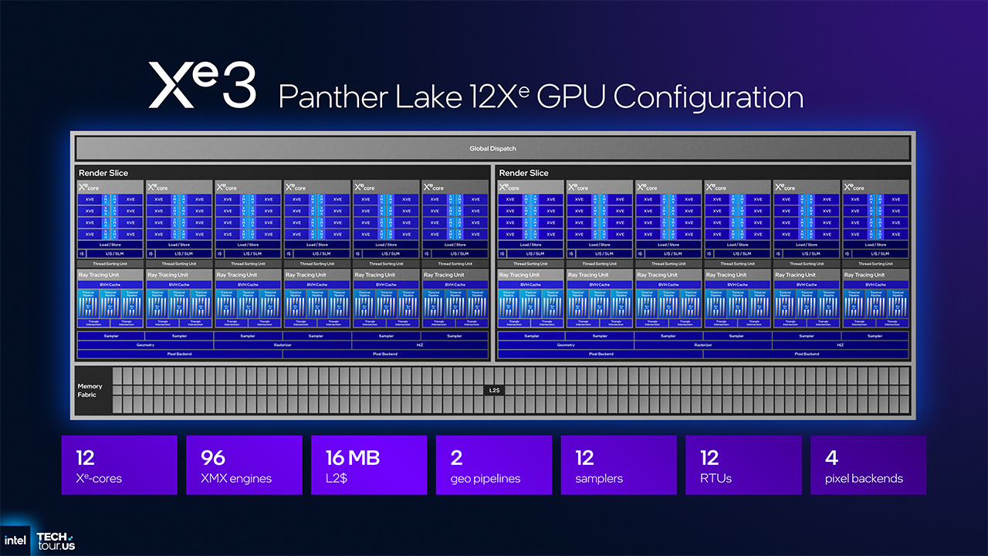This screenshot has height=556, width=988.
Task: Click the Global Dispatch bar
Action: pyautogui.click(x=492, y=148)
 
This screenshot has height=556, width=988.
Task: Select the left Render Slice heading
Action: pyautogui.click(x=103, y=173)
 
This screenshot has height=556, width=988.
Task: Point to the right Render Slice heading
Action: pyautogui.click(x=523, y=173)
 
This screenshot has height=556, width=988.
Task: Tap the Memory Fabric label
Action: pyautogui.click(x=90, y=391)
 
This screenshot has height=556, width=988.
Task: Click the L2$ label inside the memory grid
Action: pyautogui.click(x=494, y=391)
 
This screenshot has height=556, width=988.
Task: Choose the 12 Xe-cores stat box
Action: pyautogui.click(x=119, y=465)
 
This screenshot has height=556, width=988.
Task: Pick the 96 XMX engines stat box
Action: pyautogui.click(x=244, y=465)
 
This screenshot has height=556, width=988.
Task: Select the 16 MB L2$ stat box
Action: pyautogui.click(x=369, y=465)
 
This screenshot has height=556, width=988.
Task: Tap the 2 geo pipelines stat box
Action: pyautogui.click(x=494, y=465)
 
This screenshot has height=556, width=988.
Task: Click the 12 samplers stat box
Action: pyautogui.click(x=618, y=465)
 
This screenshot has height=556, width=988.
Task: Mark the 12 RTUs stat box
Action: pyautogui.click(x=743, y=465)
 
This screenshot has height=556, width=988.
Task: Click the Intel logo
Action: pyautogui.click(x=17, y=540)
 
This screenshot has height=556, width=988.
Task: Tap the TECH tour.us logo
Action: pyautogui.click(x=56, y=541)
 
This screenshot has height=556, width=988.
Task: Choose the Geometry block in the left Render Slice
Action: pyautogui.click(x=145, y=345)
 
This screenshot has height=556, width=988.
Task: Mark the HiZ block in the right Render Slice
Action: pyautogui.click(x=841, y=345)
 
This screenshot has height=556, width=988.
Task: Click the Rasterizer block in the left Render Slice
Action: pyautogui.click(x=283, y=345)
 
